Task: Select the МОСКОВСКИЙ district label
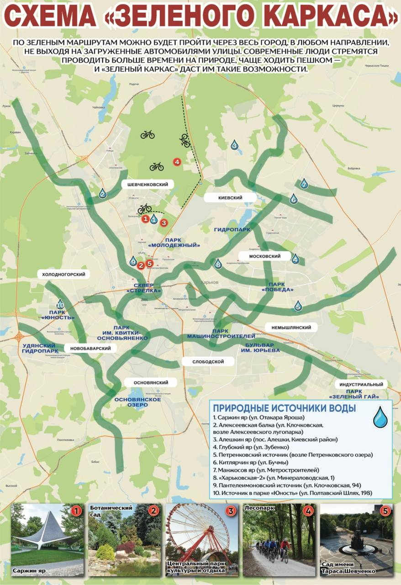(264, 256)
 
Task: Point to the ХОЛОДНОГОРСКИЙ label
(64, 274)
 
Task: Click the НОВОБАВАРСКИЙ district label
(90, 348)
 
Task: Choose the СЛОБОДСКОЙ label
(208, 362)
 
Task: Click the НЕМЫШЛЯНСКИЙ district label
(291, 328)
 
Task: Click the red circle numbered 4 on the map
(177, 161)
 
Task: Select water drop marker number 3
(234, 145)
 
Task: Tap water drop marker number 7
(304, 184)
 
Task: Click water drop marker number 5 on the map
(298, 306)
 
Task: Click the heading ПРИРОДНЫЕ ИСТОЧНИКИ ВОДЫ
(284, 408)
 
